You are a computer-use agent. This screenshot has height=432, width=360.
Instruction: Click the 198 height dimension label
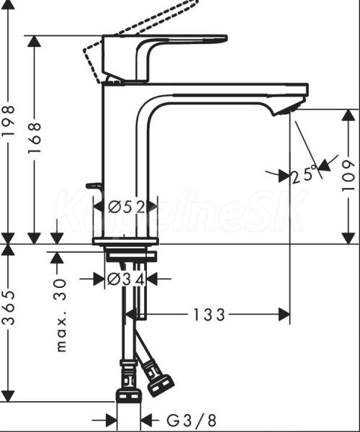pos(8,121)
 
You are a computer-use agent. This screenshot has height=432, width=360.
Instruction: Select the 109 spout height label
pos(348,176)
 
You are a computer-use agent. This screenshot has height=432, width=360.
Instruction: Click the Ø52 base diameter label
pos(126,207)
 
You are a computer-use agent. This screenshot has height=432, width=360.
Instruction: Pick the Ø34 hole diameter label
pos(125,280)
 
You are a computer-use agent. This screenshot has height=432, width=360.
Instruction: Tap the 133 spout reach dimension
pos(210,315)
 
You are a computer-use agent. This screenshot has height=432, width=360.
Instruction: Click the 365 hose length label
pos(8,307)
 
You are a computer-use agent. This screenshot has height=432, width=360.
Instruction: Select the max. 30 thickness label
pos(61,315)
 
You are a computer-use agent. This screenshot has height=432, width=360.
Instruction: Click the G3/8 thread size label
pos(192,420)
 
